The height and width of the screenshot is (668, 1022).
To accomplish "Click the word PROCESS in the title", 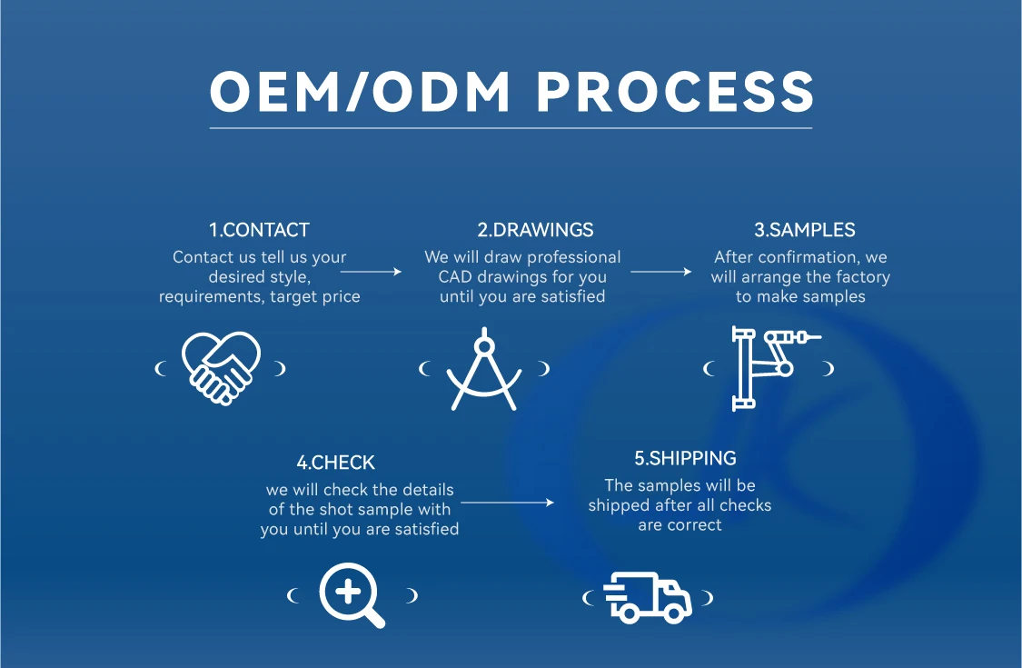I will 675,92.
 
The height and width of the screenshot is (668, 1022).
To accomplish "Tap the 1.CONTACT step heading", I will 259,230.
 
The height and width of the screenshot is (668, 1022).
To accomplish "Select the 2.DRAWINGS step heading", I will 522,230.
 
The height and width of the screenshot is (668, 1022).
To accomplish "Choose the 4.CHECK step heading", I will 335,463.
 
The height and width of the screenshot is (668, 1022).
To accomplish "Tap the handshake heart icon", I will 222,367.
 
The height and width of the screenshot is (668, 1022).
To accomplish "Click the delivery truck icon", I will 648,597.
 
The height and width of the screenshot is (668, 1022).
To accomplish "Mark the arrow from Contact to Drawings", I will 371,271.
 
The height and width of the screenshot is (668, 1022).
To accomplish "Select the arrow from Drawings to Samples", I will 660,271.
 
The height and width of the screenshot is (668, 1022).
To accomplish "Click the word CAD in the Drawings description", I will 455,277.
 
